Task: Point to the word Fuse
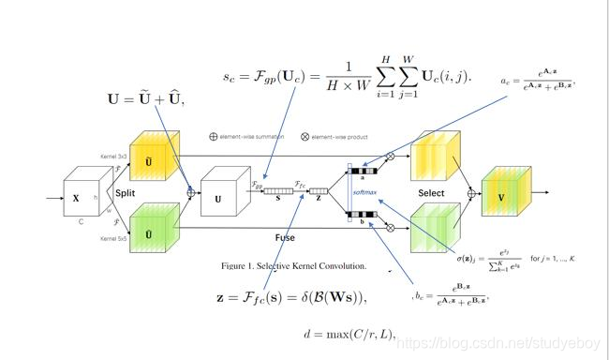[285, 237]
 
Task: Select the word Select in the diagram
[431, 192]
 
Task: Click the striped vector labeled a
[363, 171]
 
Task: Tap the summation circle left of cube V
[473, 195]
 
